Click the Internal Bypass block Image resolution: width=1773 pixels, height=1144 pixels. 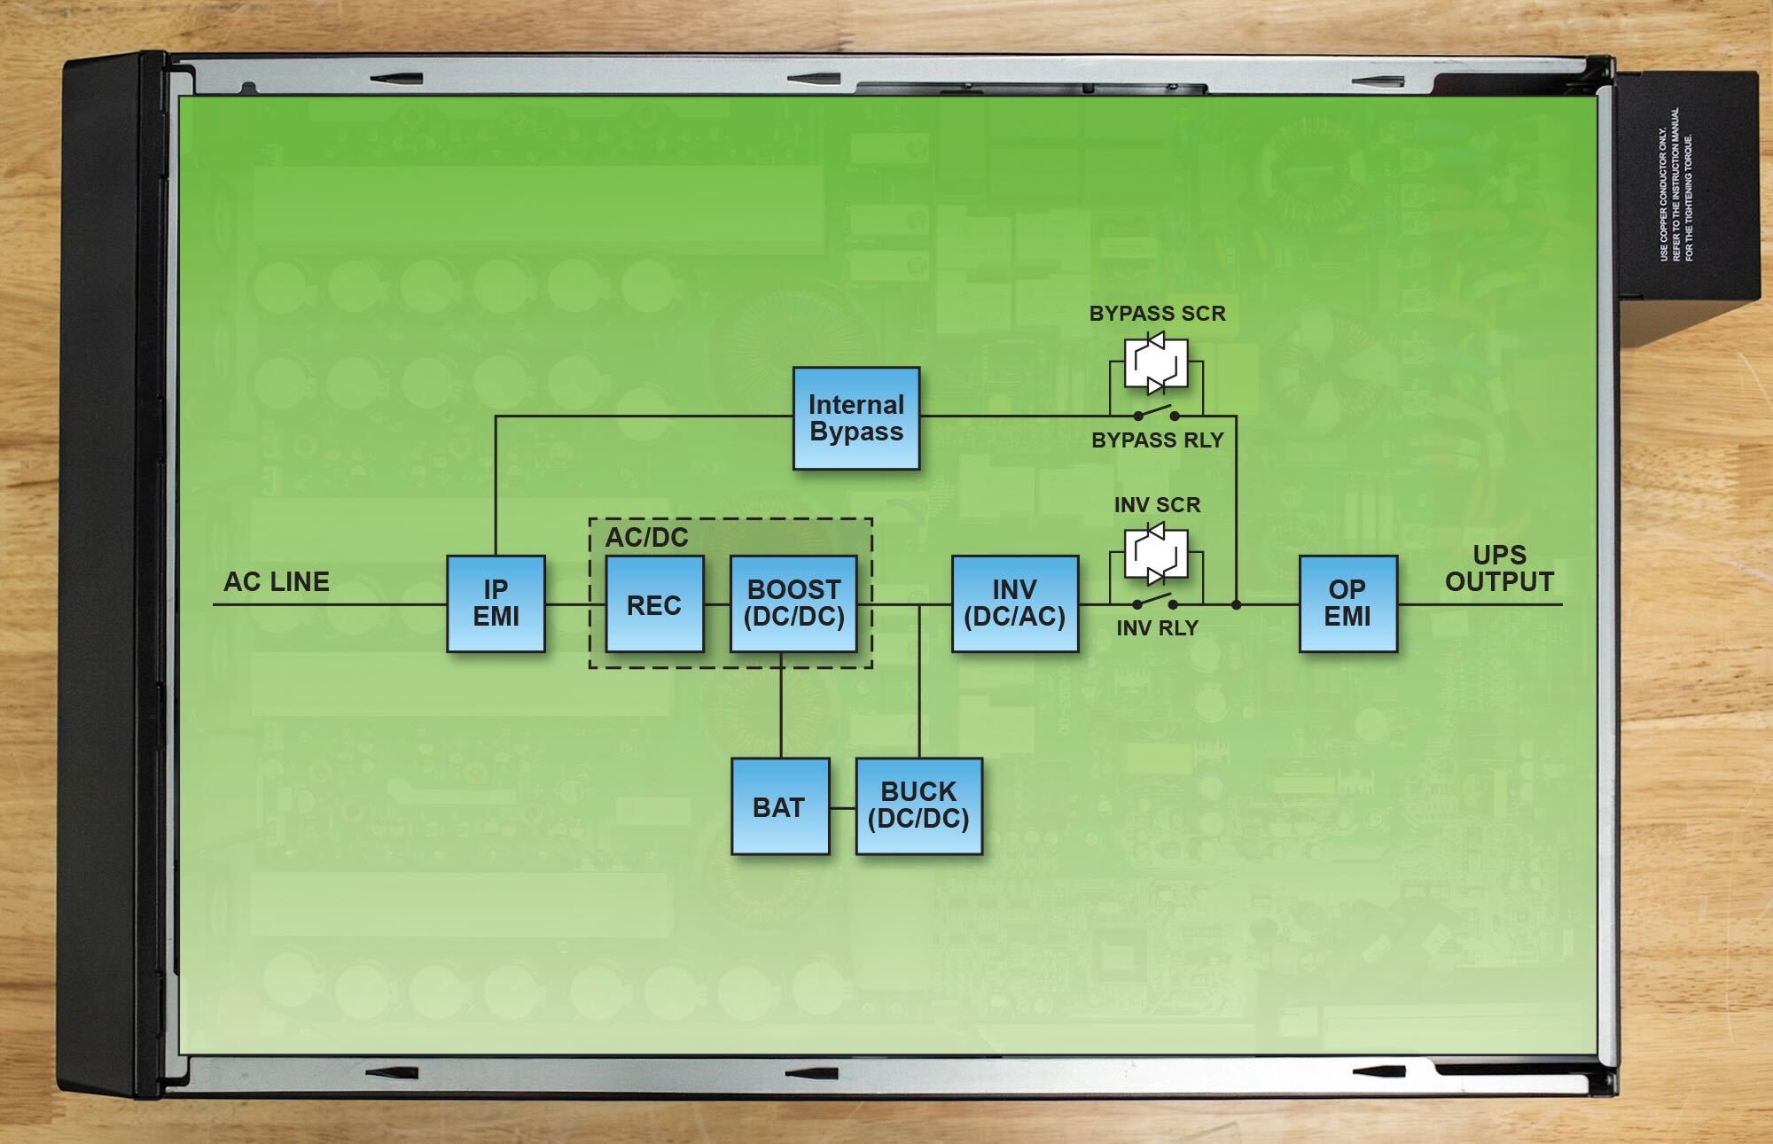point(855,418)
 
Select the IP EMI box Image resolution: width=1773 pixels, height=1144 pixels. point(496,603)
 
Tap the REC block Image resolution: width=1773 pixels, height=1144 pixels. point(654,604)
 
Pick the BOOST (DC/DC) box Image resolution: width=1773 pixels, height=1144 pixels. point(793,603)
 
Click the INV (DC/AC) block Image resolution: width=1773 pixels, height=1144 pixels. point(1014,603)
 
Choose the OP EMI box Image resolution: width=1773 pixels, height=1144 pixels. point(1347,603)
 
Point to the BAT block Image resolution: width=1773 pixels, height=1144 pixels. point(779,806)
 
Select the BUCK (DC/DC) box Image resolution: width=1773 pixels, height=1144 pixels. point(918,805)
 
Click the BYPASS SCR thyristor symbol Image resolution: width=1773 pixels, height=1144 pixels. point(1156,363)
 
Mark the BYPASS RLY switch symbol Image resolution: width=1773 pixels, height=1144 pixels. point(1157,414)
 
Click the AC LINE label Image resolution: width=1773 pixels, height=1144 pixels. point(277,582)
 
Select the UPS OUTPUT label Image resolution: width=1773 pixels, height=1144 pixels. point(1499,569)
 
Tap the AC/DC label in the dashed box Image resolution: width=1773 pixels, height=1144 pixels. point(646,537)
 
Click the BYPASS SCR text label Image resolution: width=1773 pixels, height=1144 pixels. point(1157,314)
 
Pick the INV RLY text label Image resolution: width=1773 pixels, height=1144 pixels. point(1157,628)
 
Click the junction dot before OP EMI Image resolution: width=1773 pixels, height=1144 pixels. point(1237,604)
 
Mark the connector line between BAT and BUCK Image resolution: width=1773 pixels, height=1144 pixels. point(842,806)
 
